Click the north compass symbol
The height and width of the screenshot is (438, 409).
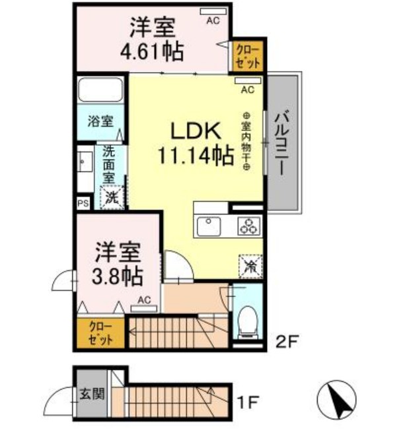(x=336, y=400)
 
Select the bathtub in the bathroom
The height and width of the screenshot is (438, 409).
(x=100, y=90)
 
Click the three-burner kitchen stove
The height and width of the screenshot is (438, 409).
(x=248, y=226)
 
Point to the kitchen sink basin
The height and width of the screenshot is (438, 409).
(x=209, y=226)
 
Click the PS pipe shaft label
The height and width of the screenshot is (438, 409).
(x=83, y=203)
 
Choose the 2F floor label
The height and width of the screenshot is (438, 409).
(x=287, y=341)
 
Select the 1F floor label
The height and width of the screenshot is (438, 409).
(x=248, y=402)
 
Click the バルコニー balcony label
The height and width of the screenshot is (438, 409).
(x=283, y=143)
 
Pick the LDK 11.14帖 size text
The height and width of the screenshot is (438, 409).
(x=196, y=142)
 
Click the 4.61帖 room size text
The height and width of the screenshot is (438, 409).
(x=152, y=52)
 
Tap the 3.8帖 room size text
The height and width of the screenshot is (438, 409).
(x=118, y=276)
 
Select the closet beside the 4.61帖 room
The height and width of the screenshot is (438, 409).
(x=248, y=56)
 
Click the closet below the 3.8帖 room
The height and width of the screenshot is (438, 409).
(x=100, y=333)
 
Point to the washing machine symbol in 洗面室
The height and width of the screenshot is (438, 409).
(x=112, y=197)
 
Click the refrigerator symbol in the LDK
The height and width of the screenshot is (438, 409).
(x=250, y=266)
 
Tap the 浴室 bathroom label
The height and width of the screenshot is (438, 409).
(x=100, y=121)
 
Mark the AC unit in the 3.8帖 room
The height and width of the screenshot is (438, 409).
(x=144, y=309)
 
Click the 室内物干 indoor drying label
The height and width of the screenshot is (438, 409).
(x=246, y=141)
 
